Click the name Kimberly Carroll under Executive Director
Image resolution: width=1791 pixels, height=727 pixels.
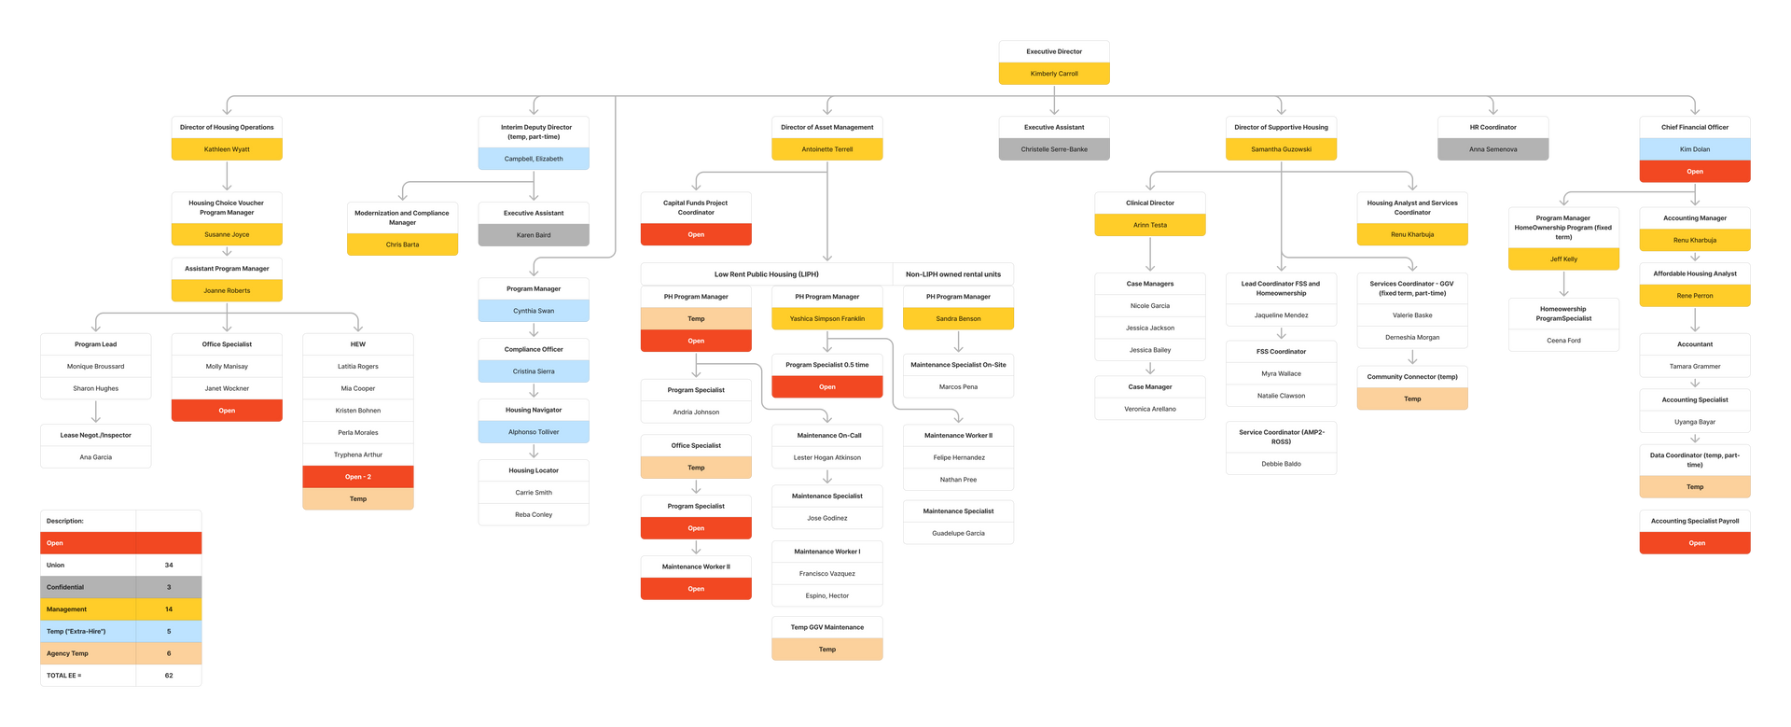click(1054, 74)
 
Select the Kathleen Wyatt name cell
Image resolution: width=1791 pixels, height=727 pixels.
click(227, 149)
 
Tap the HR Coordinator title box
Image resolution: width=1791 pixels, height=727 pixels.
click(1492, 127)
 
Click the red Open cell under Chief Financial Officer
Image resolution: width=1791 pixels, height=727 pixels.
click(1694, 172)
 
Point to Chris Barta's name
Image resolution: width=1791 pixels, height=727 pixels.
click(402, 245)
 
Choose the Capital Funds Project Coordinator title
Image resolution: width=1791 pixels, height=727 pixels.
click(696, 207)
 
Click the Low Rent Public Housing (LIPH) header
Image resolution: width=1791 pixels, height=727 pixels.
click(766, 274)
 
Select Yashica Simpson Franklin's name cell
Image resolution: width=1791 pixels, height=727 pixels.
click(826, 319)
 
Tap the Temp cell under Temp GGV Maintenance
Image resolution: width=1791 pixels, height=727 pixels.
click(826, 650)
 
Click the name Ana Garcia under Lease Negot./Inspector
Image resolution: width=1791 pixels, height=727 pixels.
click(95, 457)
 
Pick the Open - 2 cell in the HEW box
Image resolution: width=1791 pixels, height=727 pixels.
click(357, 477)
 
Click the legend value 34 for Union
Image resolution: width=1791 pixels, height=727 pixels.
click(169, 566)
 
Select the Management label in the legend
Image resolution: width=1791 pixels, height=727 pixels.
click(67, 609)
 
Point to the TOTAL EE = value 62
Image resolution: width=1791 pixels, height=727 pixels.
click(169, 676)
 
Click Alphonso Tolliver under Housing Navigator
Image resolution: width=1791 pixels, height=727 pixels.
click(534, 432)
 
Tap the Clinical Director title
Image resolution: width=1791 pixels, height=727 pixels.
click(1149, 203)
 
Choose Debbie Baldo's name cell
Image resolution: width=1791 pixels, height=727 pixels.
click(1281, 464)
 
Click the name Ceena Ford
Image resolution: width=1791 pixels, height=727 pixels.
click(1563, 341)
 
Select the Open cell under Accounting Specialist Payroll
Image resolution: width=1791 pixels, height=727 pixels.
click(1696, 543)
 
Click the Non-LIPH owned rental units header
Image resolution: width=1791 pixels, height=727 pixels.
click(952, 274)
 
